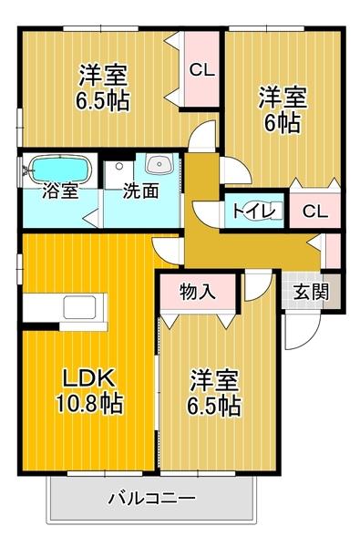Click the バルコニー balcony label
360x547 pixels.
(150, 499)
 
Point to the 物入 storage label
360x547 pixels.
(197, 292)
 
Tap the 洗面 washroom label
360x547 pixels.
(142, 192)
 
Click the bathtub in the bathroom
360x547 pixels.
(60, 169)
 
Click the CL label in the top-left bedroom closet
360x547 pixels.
(201, 68)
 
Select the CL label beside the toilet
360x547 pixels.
(315, 212)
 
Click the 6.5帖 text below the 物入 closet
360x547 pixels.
(216, 404)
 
